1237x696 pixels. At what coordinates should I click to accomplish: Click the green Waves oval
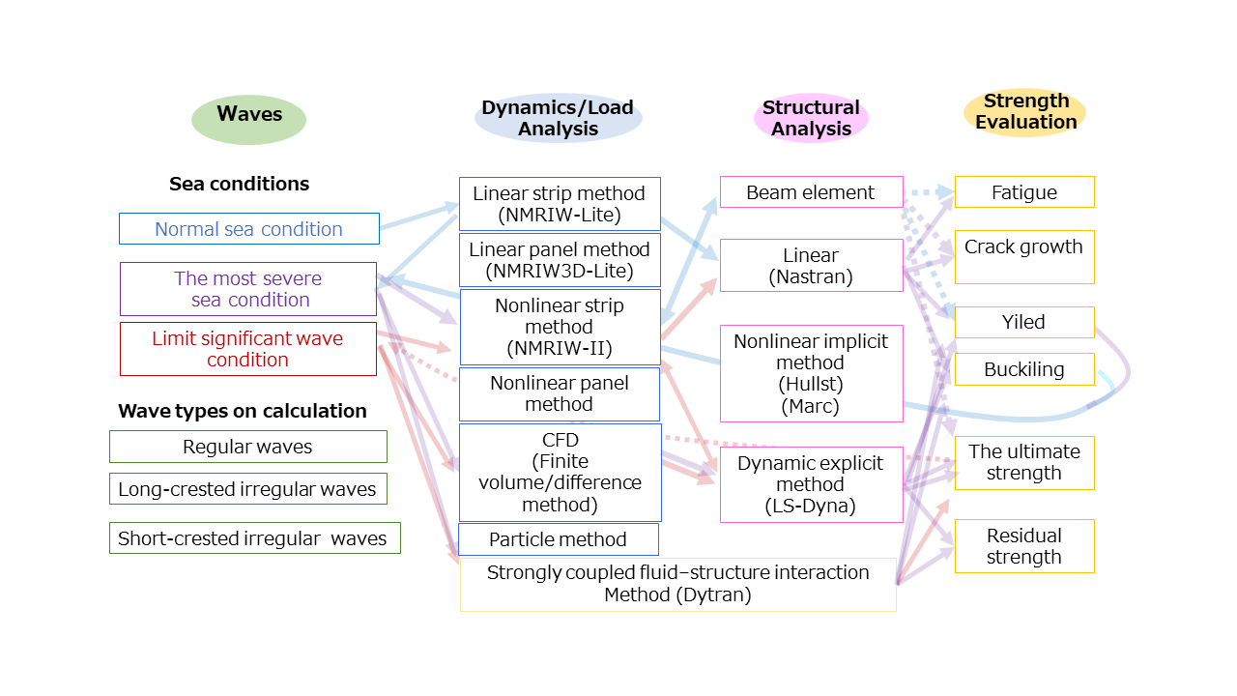[249, 115]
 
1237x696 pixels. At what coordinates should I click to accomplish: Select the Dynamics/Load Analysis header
[558, 118]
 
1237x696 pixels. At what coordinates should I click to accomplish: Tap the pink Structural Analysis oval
[811, 118]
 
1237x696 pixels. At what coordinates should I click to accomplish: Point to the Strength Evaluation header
[1025, 112]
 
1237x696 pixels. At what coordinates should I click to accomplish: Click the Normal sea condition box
[249, 229]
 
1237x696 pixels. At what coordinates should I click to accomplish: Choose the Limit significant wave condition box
[248, 349]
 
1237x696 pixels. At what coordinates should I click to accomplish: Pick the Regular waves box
[248, 447]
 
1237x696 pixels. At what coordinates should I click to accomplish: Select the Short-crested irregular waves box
[254, 538]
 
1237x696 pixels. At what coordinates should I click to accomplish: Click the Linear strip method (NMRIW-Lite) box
[560, 204]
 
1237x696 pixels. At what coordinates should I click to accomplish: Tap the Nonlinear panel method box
[560, 393]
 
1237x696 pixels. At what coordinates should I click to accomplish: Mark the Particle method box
[559, 539]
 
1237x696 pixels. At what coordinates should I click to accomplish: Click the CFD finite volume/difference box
[560, 473]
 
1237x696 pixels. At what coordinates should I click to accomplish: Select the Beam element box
[811, 192]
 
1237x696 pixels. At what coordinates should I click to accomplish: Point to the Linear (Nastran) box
[811, 266]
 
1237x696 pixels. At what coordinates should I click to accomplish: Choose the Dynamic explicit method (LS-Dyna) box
[811, 484]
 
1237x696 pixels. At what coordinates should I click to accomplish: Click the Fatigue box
[1024, 192]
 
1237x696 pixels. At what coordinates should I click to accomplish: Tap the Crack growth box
[1024, 256]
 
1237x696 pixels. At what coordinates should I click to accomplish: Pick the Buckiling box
[1024, 369]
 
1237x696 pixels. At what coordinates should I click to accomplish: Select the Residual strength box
[1024, 546]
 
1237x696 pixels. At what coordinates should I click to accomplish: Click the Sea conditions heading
[240, 184]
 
